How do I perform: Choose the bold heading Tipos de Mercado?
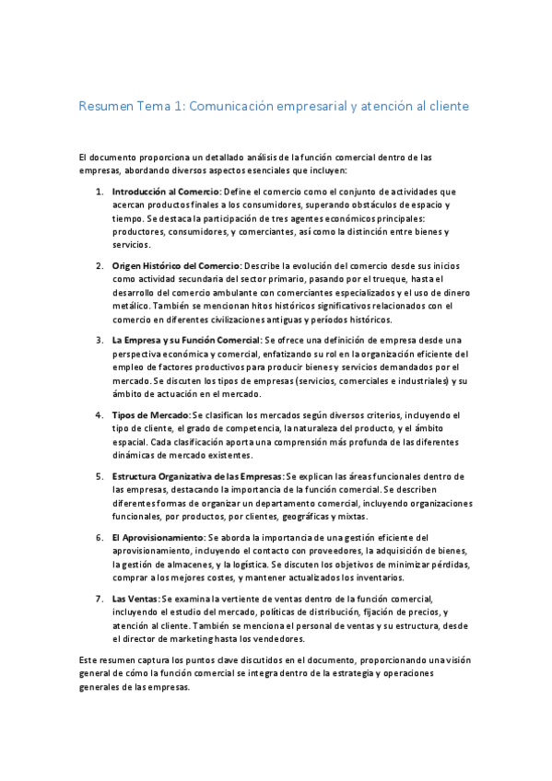pyautogui.click(x=151, y=415)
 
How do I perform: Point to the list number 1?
pyautogui.click(x=100, y=192)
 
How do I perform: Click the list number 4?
pyautogui.click(x=100, y=415)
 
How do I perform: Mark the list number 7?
pyautogui.click(x=100, y=598)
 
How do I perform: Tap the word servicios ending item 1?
pyautogui.click(x=130, y=245)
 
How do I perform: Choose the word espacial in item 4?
pyautogui.click(x=130, y=442)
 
